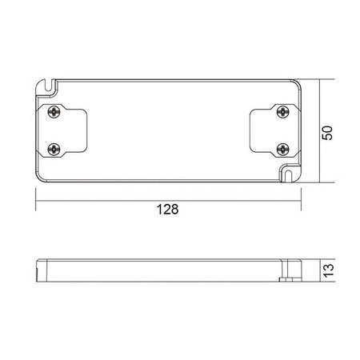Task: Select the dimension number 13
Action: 326,272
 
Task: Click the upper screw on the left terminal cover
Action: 54,111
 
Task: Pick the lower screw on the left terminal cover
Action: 54,148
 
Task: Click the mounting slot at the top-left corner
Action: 50,82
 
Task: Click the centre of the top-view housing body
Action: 168,130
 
